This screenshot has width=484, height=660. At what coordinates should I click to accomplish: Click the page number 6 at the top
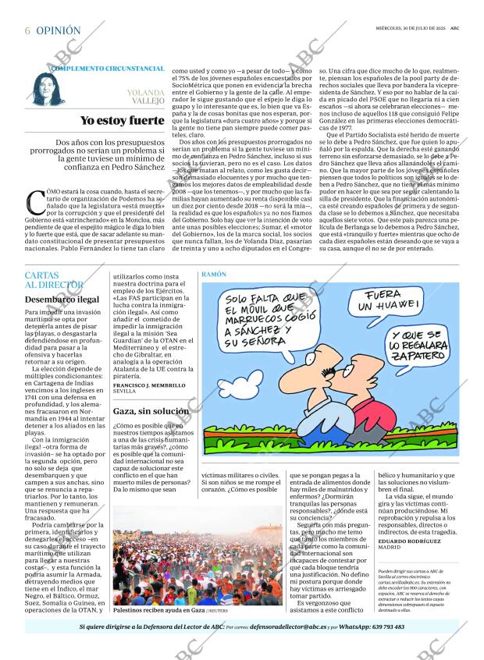tap(27, 30)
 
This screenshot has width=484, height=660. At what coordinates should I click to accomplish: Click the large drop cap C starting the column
tap(35, 203)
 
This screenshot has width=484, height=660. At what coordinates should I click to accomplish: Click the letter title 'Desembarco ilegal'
tap(62, 299)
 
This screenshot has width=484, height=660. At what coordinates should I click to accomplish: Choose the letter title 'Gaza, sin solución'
tap(151, 410)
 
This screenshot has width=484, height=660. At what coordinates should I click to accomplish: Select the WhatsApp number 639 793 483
tap(379, 626)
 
